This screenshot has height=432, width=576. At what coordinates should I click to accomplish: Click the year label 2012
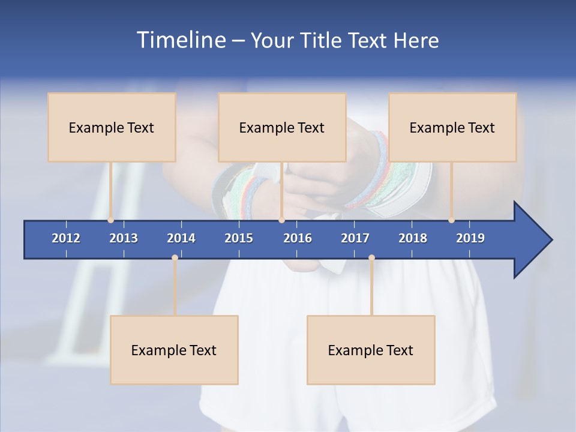(x=66, y=238)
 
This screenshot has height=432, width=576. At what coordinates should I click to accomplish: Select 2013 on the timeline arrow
(x=124, y=238)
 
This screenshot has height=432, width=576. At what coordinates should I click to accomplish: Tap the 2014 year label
(x=181, y=238)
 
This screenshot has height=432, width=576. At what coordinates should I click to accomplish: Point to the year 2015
(x=239, y=238)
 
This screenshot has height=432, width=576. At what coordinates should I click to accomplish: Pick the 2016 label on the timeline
(x=298, y=238)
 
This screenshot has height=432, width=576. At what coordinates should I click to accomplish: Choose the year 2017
(x=355, y=238)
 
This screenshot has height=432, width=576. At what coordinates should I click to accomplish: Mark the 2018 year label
(x=413, y=238)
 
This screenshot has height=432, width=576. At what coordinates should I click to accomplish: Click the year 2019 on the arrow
(x=470, y=238)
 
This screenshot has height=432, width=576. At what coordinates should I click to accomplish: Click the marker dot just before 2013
(x=110, y=220)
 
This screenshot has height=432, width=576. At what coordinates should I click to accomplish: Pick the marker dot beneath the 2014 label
(x=175, y=258)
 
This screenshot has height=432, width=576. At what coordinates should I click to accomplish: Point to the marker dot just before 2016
(x=281, y=220)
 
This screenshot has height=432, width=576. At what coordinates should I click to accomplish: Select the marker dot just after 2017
(x=371, y=258)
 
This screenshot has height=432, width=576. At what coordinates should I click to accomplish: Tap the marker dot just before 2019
(x=452, y=220)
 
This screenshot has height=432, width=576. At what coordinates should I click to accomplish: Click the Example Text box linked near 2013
(x=112, y=127)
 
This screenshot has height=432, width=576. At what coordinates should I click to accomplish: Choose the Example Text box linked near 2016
(x=282, y=127)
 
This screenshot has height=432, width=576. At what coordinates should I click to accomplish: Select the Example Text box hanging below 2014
(x=174, y=350)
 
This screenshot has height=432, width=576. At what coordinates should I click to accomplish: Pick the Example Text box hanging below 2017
(x=371, y=350)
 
